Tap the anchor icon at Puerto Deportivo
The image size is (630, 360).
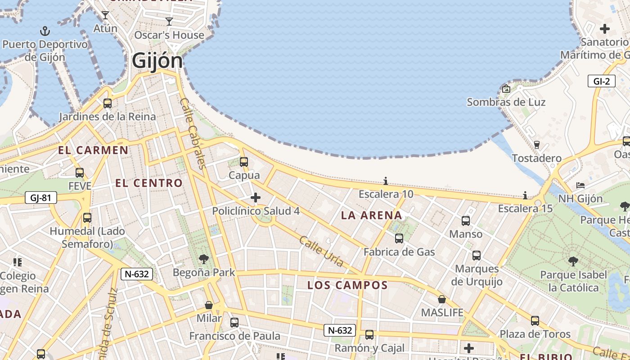pyautogui.click(x=45, y=31)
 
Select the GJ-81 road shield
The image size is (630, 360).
pyautogui.click(x=40, y=197)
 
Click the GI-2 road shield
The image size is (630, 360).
pyautogui.click(x=602, y=81)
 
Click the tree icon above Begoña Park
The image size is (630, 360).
pyautogui.click(x=204, y=259)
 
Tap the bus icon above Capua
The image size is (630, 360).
pyautogui.click(x=244, y=162)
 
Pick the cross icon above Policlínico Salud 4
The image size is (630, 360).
pyautogui.click(x=256, y=198)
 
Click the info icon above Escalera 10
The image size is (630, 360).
pyautogui.click(x=386, y=181)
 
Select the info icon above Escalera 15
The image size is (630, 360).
pyautogui.click(x=525, y=195)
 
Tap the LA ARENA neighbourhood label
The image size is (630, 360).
pyautogui.click(x=371, y=215)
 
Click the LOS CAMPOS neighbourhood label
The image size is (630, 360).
pyautogui.click(x=347, y=285)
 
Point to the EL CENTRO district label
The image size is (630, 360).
pyautogui.click(x=149, y=183)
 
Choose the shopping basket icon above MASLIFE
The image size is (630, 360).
pyautogui.click(x=442, y=299)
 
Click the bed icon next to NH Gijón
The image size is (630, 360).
pyautogui.click(x=580, y=185)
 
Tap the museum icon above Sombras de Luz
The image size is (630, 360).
pyautogui.click(x=506, y=89)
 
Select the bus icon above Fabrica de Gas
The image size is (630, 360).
pyautogui.click(x=399, y=238)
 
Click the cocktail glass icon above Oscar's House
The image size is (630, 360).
pyautogui.click(x=169, y=21)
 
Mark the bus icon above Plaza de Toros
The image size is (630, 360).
pyautogui.click(x=535, y=321)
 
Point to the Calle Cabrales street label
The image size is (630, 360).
pyautogui.click(x=193, y=134)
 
